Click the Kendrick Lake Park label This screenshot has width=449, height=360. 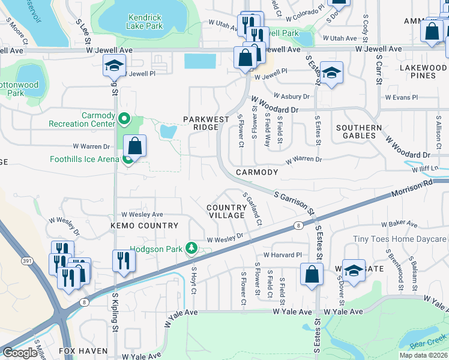pyautogui.click(x=145, y=22)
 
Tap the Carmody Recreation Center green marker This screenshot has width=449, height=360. pyautogui.click(x=124, y=119)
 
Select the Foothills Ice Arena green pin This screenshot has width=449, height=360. pyautogui.click(x=128, y=160)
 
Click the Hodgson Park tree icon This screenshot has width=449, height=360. pyautogui.click(x=191, y=248)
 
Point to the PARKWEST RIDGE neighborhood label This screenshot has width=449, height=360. pyautogui.click(x=206, y=123)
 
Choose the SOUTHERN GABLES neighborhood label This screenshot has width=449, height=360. pyautogui.click(x=358, y=132)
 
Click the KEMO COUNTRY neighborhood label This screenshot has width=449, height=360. pyautogui.click(x=144, y=226)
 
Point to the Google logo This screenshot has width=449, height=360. pyautogui.click(x=20, y=353)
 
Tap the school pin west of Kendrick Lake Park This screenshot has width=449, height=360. pyautogui.click(x=112, y=67)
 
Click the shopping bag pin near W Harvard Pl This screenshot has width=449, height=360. pyautogui.click(x=312, y=275)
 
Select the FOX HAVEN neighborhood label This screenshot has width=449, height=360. pyautogui.click(x=83, y=351)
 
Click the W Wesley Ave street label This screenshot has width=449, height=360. pyautogui.click(x=142, y=214)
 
